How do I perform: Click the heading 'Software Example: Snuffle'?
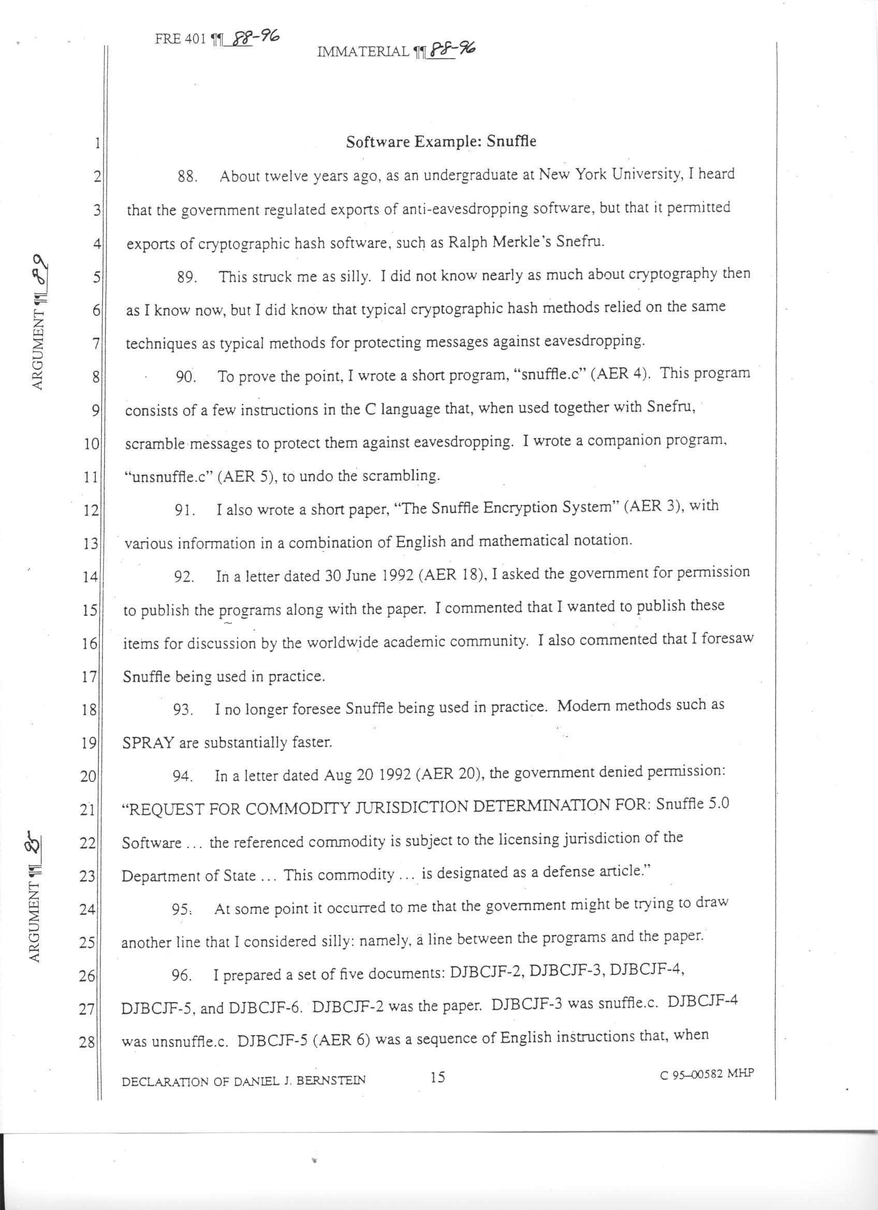point(441,142)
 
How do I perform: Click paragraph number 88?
point(188,176)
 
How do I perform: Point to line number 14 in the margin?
point(89,577)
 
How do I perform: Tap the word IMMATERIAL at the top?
point(363,52)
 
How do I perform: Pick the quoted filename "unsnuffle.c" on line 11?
point(169,477)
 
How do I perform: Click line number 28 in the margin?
point(87,1042)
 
